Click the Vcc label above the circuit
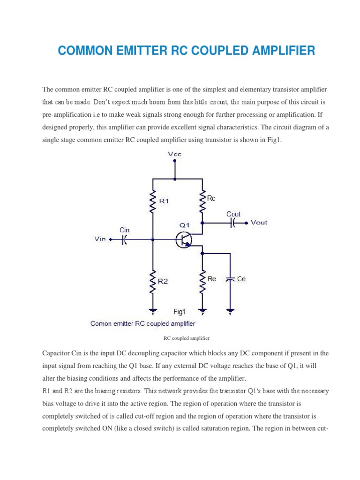tap(175, 154)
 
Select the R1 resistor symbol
tap(152, 202)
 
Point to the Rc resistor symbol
tap(202, 201)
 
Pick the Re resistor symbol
tap(202, 281)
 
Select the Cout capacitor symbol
tap(233, 223)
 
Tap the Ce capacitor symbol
tap(230, 279)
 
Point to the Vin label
tap(100, 239)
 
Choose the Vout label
tap(259, 223)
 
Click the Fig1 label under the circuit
tap(180, 311)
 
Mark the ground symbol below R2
tap(152, 310)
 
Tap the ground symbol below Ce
tap(230, 310)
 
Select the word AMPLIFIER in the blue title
tap(279, 51)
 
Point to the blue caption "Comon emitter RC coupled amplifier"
tap(143, 323)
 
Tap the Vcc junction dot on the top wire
tap(175, 179)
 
